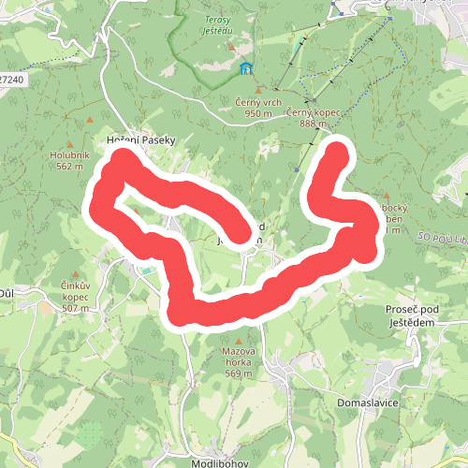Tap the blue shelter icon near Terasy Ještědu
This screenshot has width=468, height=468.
point(246,68)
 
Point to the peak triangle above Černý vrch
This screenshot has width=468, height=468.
point(258,90)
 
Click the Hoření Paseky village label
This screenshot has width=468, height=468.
point(141,139)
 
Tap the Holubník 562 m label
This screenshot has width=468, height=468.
point(70,161)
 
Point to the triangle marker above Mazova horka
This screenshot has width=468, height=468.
point(240,341)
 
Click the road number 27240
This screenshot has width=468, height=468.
point(11,80)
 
